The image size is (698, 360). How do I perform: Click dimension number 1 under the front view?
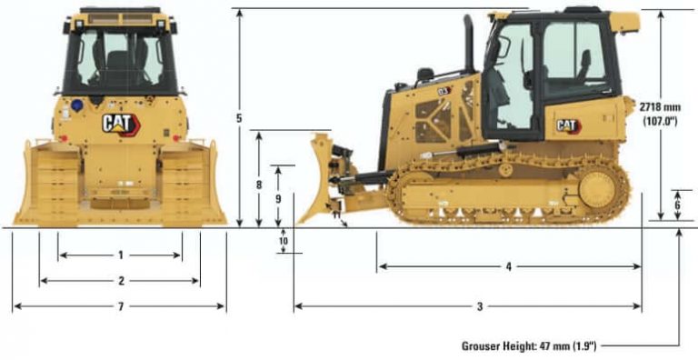[120, 255]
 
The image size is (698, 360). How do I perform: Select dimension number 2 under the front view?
[120, 280]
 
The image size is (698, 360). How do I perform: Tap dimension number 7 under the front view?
[120, 306]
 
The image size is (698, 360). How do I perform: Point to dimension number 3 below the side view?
[480, 306]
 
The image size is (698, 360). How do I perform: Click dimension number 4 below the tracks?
[509, 266]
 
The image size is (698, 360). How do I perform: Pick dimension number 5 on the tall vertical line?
[239, 118]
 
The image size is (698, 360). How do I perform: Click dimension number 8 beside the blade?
[260, 185]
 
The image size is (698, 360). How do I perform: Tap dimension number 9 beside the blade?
[278, 197]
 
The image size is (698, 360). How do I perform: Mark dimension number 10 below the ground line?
[284, 241]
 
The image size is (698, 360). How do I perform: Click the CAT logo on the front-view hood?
[120, 123]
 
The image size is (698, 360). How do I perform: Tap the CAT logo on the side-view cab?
[567, 125]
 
